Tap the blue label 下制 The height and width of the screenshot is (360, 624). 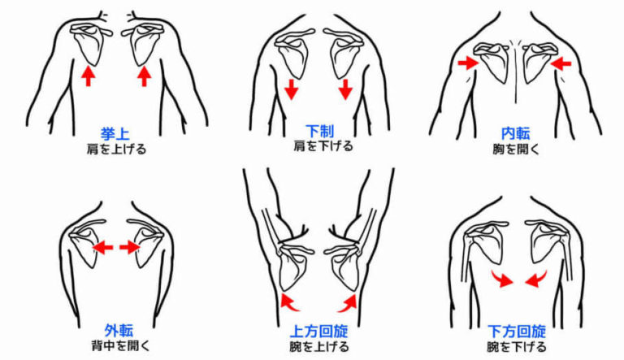pyautogui.click(x=319, y=132)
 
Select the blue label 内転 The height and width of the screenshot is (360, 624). pyautogui.click(x=516, y=133)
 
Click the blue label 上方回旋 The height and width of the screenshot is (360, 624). pyautogui.click(x=319, y=332)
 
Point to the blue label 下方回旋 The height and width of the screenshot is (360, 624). pyautogui.click(x=517, y=332)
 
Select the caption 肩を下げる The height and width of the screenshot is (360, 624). pyautogui.click(x=319, y=147)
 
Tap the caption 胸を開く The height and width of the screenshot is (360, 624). pyautogui.click(x=516, y=149)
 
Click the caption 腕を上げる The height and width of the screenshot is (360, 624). pyautogui.click(x=319, y=347)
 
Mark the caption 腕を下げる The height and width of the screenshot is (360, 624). pyautogui.click(x=517, y=347)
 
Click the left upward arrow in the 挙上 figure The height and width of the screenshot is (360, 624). pyautogui.click(x=89, y=76)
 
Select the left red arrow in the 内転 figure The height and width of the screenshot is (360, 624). pyautogui.click(x=467, y=62)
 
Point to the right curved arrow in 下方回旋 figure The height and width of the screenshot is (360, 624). pyautogui.click(x=536, y=278)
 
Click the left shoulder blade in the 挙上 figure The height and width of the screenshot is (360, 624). pyautogui.click(x=87, y=43)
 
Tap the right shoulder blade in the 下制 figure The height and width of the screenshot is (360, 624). pyautogui.click(x=343, y=57)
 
